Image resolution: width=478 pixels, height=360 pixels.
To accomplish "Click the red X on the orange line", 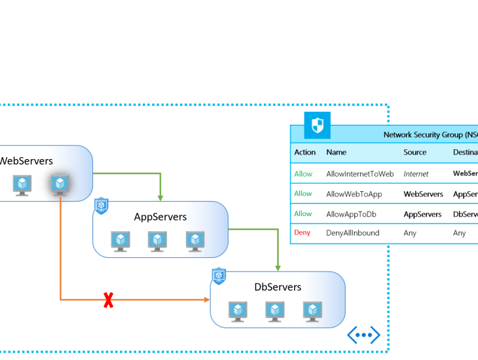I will click(109, 300).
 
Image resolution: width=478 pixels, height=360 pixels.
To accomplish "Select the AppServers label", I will click(160, 217).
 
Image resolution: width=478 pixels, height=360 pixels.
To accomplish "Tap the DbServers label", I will click(278, 287).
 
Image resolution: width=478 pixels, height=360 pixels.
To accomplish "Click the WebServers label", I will click(26, 160).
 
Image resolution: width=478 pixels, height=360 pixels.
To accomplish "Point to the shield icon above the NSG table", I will click(318, 125).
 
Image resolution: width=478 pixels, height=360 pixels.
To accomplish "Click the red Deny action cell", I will click(303, 232).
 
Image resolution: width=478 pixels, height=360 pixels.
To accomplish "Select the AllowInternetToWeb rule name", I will click(359, 174).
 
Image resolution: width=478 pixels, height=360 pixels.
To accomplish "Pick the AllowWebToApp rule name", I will click(354, 194).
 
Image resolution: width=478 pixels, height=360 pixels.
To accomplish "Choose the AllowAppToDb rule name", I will click(351, 213).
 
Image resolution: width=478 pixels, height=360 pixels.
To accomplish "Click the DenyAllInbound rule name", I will click(352, 232).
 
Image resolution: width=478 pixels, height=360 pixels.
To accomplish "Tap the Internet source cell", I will click(416, 174).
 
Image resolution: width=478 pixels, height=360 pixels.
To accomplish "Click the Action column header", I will click(305, 152).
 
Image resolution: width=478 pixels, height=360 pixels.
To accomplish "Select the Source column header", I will click(414, 152).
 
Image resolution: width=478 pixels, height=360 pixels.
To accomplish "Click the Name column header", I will click(336, 152).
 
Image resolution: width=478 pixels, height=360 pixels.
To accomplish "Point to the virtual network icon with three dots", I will click(363, 334).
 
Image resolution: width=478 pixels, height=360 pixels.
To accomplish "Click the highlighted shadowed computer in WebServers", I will click(60, 185).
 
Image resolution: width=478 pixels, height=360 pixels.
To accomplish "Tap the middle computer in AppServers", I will click(157, 242).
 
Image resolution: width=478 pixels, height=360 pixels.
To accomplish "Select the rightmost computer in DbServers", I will click(313, 312).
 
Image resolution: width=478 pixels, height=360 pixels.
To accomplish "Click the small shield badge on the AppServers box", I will click(101, 206).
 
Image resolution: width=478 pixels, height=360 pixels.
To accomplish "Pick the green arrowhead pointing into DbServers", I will click(278, 268).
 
